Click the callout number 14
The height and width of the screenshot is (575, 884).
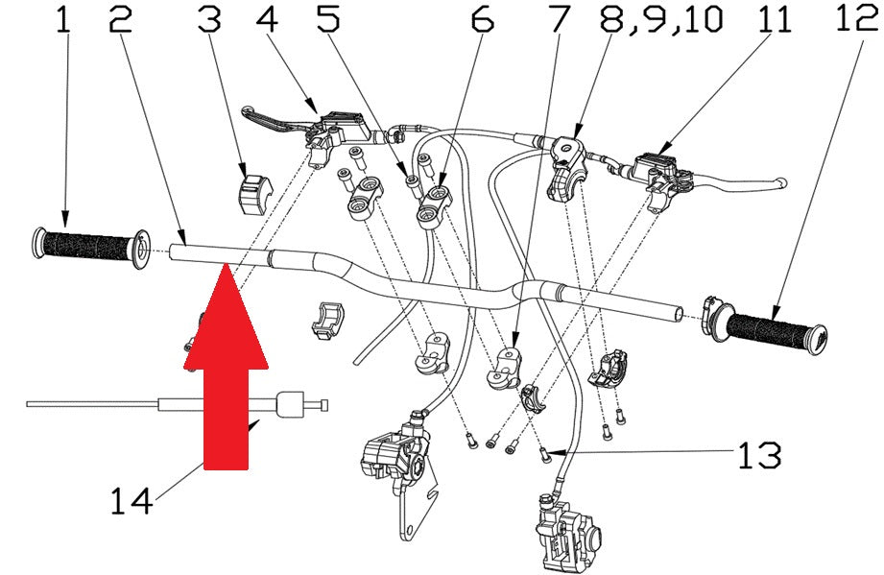tap(131, 500)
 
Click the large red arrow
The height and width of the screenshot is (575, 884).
tap(226, 367)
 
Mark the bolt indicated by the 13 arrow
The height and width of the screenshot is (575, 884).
tap(545, 454)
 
